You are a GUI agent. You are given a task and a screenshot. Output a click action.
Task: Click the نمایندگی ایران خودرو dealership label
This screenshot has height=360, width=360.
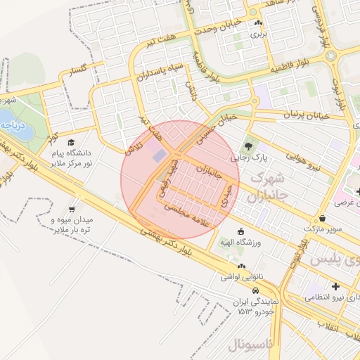[x=257, y=305]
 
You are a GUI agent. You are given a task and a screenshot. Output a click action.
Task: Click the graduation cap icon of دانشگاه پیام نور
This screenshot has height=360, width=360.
[x=72, y=143]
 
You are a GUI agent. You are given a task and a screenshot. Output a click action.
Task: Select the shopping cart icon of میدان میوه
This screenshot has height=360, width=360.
[x=72, y=209]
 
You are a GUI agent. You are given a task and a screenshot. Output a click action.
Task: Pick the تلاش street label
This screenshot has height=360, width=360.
[x=133, y=147]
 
